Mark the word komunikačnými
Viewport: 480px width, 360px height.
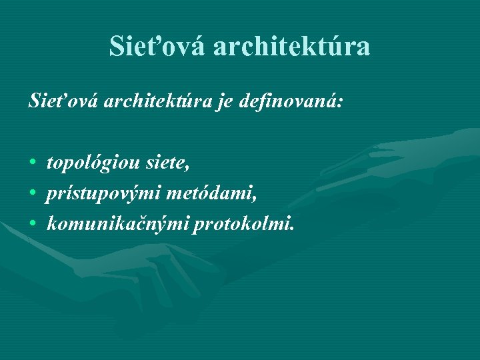tap(117, 225)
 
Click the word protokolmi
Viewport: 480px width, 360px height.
tap(241, 225)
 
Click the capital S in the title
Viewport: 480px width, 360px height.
tap(117, 46)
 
